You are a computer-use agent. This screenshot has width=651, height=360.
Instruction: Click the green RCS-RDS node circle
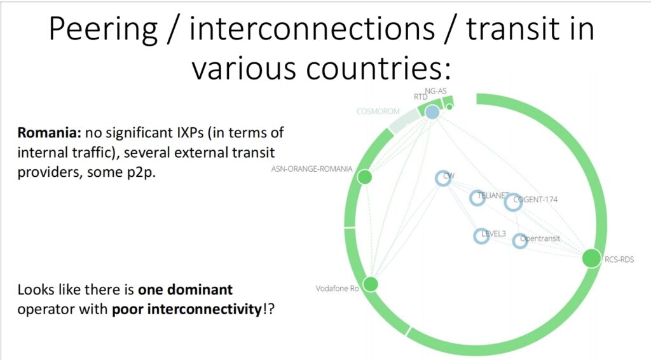pos(591,258)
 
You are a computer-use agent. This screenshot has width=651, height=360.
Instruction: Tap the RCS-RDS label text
pos(619,260)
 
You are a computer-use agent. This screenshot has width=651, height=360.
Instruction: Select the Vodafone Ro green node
pos(371,284)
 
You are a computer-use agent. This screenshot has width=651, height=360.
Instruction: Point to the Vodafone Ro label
pos(337,288)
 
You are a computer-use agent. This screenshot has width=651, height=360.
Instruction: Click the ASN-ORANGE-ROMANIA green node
pos(364,177)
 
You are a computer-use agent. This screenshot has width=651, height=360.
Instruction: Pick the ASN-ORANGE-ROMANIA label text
pos(312,169)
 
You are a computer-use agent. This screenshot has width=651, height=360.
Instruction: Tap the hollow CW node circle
pos(443,178)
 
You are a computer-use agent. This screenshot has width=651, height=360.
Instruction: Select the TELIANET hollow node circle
pos(477,198)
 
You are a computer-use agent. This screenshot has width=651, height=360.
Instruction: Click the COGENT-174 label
pos(535,199)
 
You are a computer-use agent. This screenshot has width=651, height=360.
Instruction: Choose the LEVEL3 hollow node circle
pos(481,236)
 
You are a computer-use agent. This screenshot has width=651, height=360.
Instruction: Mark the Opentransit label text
pos(540,239)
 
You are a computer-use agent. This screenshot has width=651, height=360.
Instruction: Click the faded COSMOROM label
pos(378,111)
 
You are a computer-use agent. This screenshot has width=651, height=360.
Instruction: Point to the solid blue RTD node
pos(432,112)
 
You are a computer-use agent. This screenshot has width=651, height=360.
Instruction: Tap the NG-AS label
pos(435,91)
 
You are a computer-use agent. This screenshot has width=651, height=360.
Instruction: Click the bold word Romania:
pos(50,132)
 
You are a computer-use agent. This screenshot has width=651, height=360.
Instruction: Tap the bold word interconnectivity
pos(187,309)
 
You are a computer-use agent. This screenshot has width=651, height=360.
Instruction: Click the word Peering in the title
pos(104,29)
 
